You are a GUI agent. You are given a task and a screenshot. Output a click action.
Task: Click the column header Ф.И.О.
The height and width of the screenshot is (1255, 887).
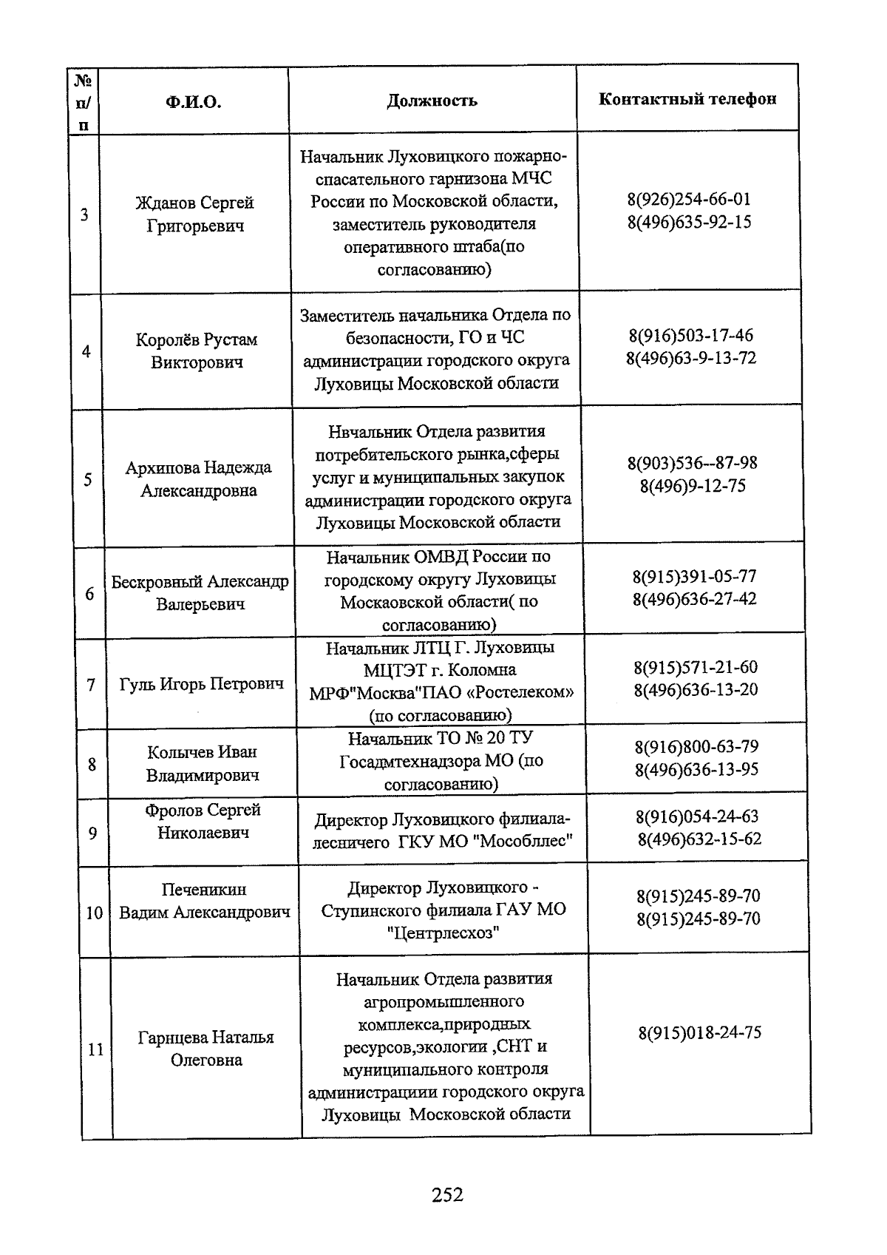194,102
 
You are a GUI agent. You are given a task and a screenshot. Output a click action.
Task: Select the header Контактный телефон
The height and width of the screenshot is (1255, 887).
687,99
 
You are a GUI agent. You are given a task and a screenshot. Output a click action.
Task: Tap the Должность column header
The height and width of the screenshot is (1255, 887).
432,101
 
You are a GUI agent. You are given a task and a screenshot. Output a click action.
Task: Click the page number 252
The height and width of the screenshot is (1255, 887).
447,1194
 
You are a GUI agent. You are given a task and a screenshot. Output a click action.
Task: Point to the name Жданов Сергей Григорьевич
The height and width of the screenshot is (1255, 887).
195,214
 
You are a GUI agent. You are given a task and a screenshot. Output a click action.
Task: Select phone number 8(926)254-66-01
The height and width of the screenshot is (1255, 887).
689,199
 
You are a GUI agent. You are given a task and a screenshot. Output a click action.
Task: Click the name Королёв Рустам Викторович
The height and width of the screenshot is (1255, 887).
197,351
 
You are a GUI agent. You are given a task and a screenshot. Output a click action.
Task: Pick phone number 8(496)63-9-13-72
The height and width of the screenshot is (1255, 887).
690,359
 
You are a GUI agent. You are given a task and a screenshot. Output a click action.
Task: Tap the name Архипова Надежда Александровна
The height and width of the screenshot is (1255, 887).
198,479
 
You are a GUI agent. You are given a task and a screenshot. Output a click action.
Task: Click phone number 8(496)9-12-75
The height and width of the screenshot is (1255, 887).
693,486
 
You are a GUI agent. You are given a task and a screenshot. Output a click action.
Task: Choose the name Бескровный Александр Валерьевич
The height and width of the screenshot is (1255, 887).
200,593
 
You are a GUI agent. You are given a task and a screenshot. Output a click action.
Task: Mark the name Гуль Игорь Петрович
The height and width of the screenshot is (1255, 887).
201,684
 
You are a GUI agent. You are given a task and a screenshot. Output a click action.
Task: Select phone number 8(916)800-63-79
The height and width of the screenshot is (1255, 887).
696,747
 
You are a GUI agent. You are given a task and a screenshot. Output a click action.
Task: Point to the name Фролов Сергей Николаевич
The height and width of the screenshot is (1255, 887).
203,821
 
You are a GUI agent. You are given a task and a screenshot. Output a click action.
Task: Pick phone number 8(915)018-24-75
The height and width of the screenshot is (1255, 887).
699,1033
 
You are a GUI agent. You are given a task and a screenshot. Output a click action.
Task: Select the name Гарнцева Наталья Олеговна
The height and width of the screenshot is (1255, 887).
206,1049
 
